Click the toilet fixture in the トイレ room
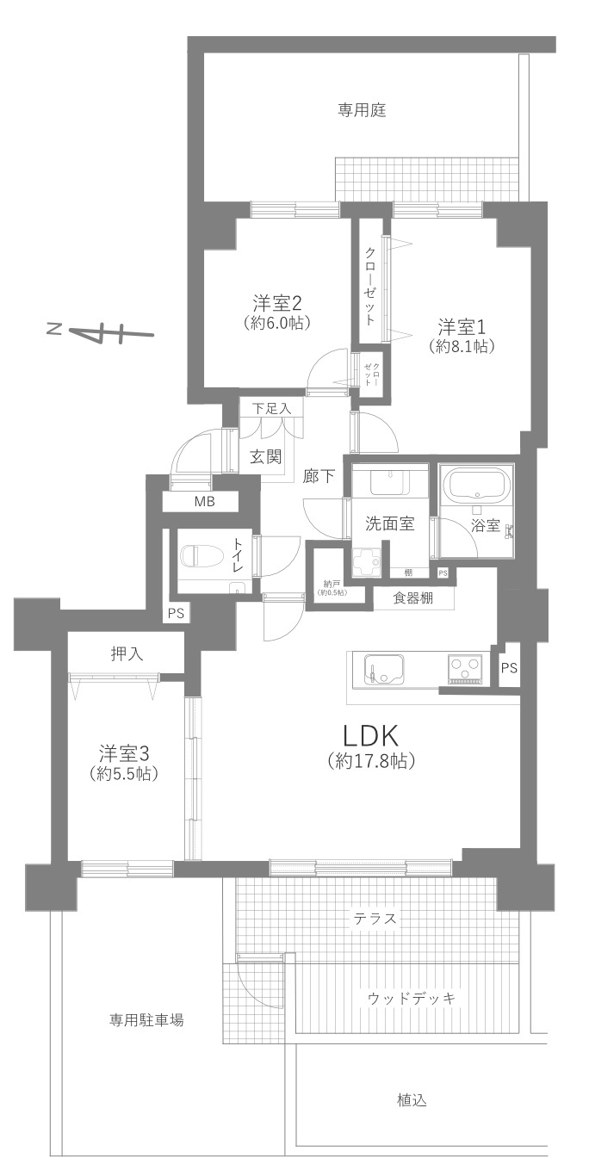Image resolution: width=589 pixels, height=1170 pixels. (197, 555)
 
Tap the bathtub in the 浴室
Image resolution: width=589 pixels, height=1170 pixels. (475, 487)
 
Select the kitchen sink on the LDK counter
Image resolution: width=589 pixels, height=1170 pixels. (381, 669)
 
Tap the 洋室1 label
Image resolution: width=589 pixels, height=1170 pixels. (462, 327)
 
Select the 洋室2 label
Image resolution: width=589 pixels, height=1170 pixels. (276, 303)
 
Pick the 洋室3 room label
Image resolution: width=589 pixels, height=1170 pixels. (122, 752)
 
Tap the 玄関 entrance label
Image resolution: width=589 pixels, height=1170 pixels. (266, 456)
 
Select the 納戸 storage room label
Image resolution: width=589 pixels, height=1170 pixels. (331, 583)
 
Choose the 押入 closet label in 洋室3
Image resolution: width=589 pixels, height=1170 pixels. (127, 654)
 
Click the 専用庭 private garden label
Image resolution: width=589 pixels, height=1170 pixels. (361, 110)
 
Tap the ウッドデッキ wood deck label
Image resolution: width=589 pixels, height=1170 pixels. (411, 998)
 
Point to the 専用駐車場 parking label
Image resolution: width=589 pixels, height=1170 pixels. (146, 1020)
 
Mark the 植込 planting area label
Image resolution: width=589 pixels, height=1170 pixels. (412, 1099)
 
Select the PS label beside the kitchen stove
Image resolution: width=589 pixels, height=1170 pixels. (509, 667)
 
